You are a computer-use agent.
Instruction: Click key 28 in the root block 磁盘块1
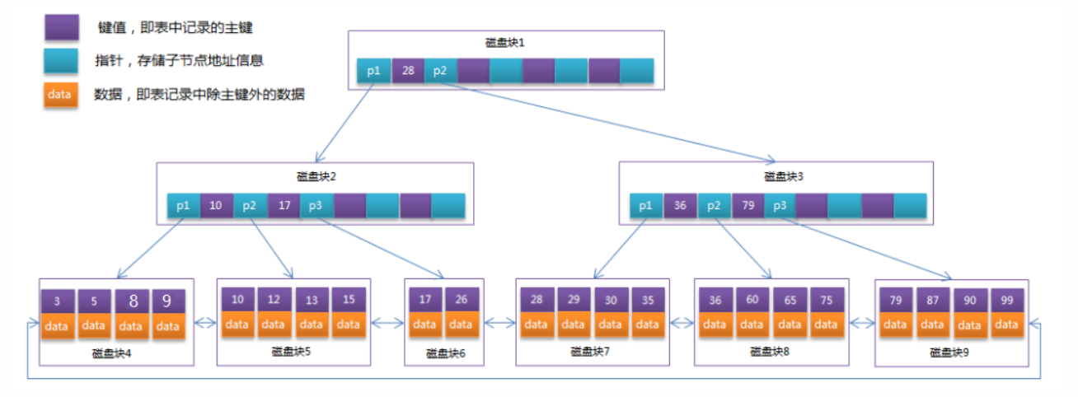click(407, 71)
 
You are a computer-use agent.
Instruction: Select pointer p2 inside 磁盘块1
click(440, 71)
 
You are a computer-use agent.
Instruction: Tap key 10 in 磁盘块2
click(216, 206)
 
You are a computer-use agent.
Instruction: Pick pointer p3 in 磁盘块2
click(316, 206)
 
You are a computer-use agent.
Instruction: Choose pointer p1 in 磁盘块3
click(646, 206)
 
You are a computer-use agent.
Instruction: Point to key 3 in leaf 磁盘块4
click(57, 302)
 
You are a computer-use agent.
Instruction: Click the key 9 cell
click(167, 302)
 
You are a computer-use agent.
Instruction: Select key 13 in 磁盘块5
click(311, 300)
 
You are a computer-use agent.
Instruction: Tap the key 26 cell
click(462, 300)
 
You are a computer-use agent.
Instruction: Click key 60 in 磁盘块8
click(751, 300)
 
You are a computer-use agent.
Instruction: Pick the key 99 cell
click(1006, 300)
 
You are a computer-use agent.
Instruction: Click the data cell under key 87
click(932, 324)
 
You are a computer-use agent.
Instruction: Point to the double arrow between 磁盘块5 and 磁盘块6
click(384, 325)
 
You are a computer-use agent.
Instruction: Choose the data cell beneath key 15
click(348, 324)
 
